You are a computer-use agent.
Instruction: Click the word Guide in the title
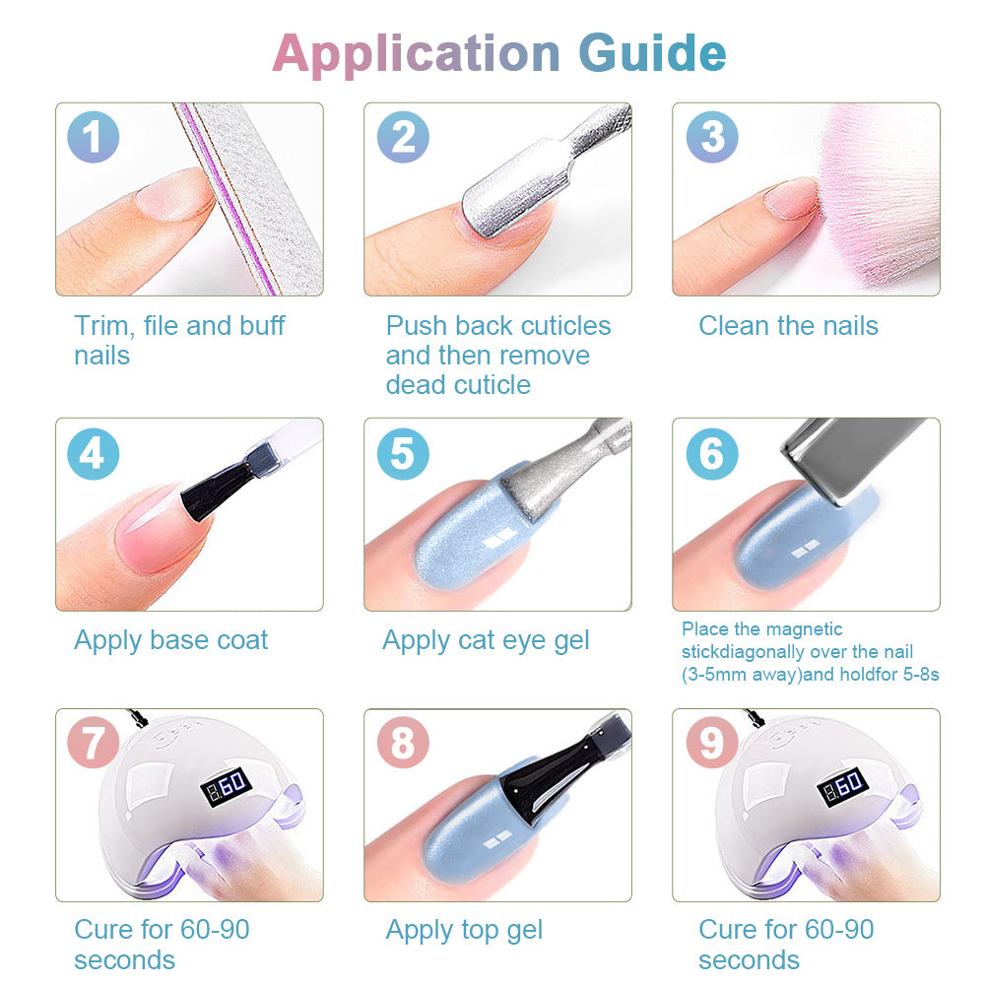pos(652,54)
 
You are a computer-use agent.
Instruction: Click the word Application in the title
pos(416,55)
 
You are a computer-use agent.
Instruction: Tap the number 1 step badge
pos(93,137)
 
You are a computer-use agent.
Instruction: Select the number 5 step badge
pos(403,453)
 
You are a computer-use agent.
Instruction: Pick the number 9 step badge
pos(712,743)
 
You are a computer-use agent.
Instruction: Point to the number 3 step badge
pos(712,137)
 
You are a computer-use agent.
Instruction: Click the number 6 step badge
pos(712,453)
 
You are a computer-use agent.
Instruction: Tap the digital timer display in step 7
pos(227,786)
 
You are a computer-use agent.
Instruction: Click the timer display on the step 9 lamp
pos(842,786)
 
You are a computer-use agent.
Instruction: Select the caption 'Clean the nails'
pos(788,325)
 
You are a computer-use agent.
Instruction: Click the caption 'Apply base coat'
pos(170,641)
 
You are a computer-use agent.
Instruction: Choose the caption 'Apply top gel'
pos(464,931)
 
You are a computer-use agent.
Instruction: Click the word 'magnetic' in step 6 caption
pos(804,629)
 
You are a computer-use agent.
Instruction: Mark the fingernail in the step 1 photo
pos(176,193)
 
